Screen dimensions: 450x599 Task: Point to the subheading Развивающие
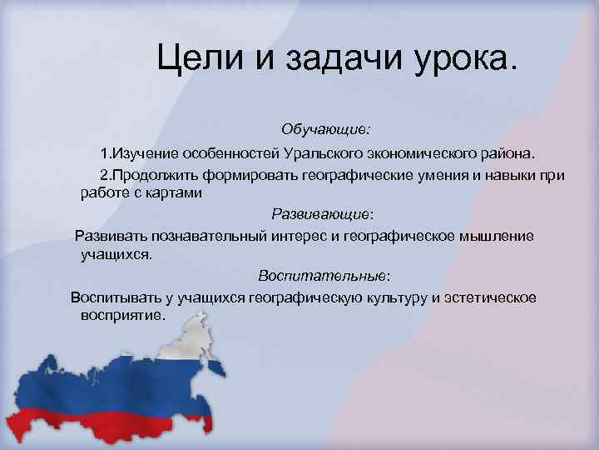pyautogui.click(x=322, y=212)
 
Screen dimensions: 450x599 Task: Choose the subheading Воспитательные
pyautogui.click(x=323, y=275)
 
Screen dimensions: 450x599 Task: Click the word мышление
pyautogui.click(x=495, y=236)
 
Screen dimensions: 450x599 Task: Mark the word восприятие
pyautogui.click(x=123, y=316)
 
